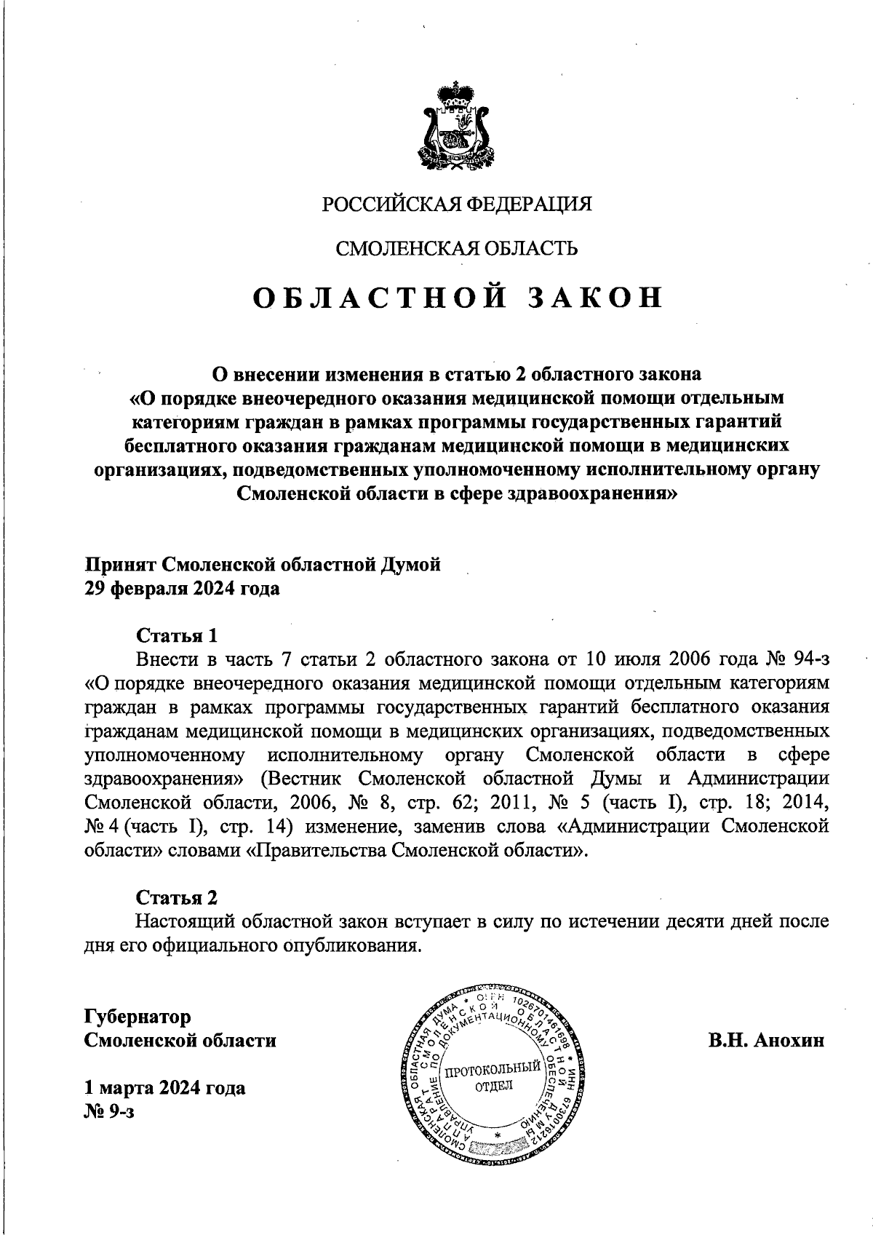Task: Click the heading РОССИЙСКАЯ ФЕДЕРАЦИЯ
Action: (457, 204)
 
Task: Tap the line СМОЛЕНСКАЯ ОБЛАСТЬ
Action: (456, 249)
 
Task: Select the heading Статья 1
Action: (178, 635)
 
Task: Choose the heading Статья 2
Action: (178, 897)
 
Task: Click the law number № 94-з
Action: (798, 659)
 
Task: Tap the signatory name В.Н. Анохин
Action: (767, 1040)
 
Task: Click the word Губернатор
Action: (138, 1016)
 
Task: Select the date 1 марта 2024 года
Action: (165, 1088)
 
